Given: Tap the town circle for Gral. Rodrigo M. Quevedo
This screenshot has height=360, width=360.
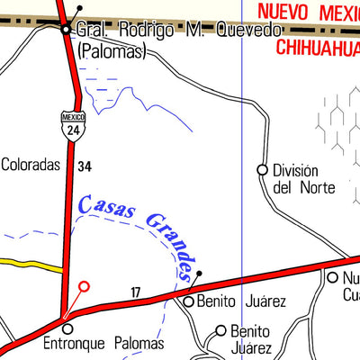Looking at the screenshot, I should click(x=66, y=30).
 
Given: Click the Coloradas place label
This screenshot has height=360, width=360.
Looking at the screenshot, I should click(x=30, y=165).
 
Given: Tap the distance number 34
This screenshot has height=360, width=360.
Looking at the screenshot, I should click(x=85, y=166).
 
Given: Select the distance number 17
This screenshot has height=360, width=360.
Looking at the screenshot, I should click(x=136, y=291).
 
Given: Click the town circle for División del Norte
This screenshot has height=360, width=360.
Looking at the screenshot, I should click(x=263, y=169).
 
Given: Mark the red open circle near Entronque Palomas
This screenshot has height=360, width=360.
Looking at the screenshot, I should click(x=85, y=287).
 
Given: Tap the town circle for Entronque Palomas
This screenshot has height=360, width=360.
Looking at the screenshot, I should click(x=66, y=328).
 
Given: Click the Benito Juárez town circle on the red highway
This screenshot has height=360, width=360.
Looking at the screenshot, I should click(x=189, y=302).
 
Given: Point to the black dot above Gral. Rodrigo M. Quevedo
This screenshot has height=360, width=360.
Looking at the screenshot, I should click(x=80, y=8).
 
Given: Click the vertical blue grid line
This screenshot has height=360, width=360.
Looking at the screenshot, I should click(x=243, y=108).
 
